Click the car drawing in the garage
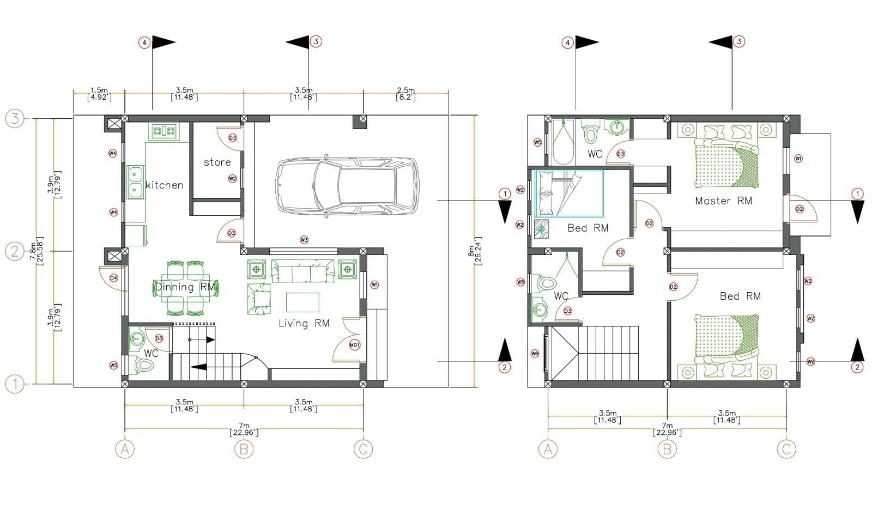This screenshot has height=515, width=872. click(x=347, y=185)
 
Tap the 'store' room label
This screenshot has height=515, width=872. click(x=217, y=162)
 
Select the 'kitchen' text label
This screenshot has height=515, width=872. click(x=164, y=185)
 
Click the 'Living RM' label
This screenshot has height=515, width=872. click(x=304, y=323)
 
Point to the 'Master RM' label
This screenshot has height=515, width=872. click(x=723, y=201)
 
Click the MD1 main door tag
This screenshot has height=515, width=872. click(x=355, y=345)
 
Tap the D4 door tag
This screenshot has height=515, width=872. click(x=113, y=278)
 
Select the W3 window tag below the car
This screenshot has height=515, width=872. click(x=304, y=240)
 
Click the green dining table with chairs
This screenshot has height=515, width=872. click(x=186, y=288)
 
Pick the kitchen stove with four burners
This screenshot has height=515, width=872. click(x=163, y=131)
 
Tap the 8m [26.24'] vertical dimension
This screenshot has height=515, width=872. click(x=477, y=251)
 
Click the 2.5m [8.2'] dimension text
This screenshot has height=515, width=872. click(x=405, y=94)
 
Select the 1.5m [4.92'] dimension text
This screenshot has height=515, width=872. click(x=99, y=94)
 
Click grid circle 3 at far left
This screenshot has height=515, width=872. click(x=15, y=118)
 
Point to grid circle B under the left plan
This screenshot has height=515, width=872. click(x=244, y=449)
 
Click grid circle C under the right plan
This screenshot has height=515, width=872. click(x=786, y=449)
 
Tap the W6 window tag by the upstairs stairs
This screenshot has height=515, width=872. click(x=535, y=354)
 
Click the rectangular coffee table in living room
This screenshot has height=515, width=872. click(x=302, y=302)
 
